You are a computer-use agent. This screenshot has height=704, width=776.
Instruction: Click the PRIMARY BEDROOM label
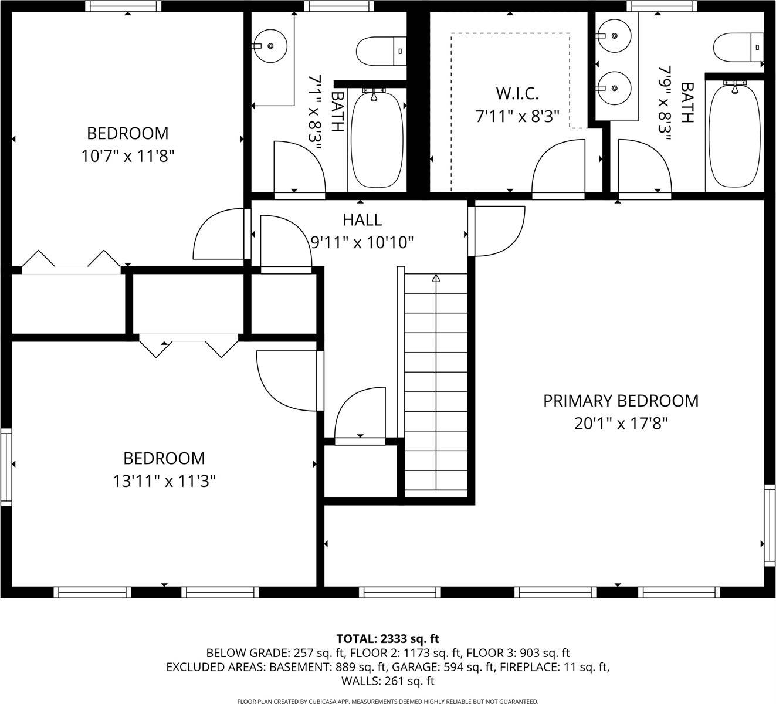coord(621,401)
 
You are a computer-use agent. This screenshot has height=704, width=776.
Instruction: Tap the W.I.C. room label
coord(517,93)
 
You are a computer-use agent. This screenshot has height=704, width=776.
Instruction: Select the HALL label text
coord(362,220)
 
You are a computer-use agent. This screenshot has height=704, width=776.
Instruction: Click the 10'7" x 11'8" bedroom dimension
coord(128,156)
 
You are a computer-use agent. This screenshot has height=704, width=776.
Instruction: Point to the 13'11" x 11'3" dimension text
coord(164,481)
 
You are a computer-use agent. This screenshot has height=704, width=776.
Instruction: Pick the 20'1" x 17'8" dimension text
coord(621,423)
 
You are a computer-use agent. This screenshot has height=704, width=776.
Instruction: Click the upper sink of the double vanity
coord(613,36)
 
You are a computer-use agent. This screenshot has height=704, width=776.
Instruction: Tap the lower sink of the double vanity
coord(613,88)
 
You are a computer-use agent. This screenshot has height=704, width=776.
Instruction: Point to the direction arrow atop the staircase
coord(436,278)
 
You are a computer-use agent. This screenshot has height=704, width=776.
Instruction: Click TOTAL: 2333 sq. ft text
coord(388,638)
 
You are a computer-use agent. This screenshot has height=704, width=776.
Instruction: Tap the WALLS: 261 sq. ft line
coord(388,681)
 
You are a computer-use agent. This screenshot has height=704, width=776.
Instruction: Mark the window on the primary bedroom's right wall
coord(770,525)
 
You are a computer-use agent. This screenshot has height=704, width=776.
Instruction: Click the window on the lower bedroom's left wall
coord(6,466)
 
